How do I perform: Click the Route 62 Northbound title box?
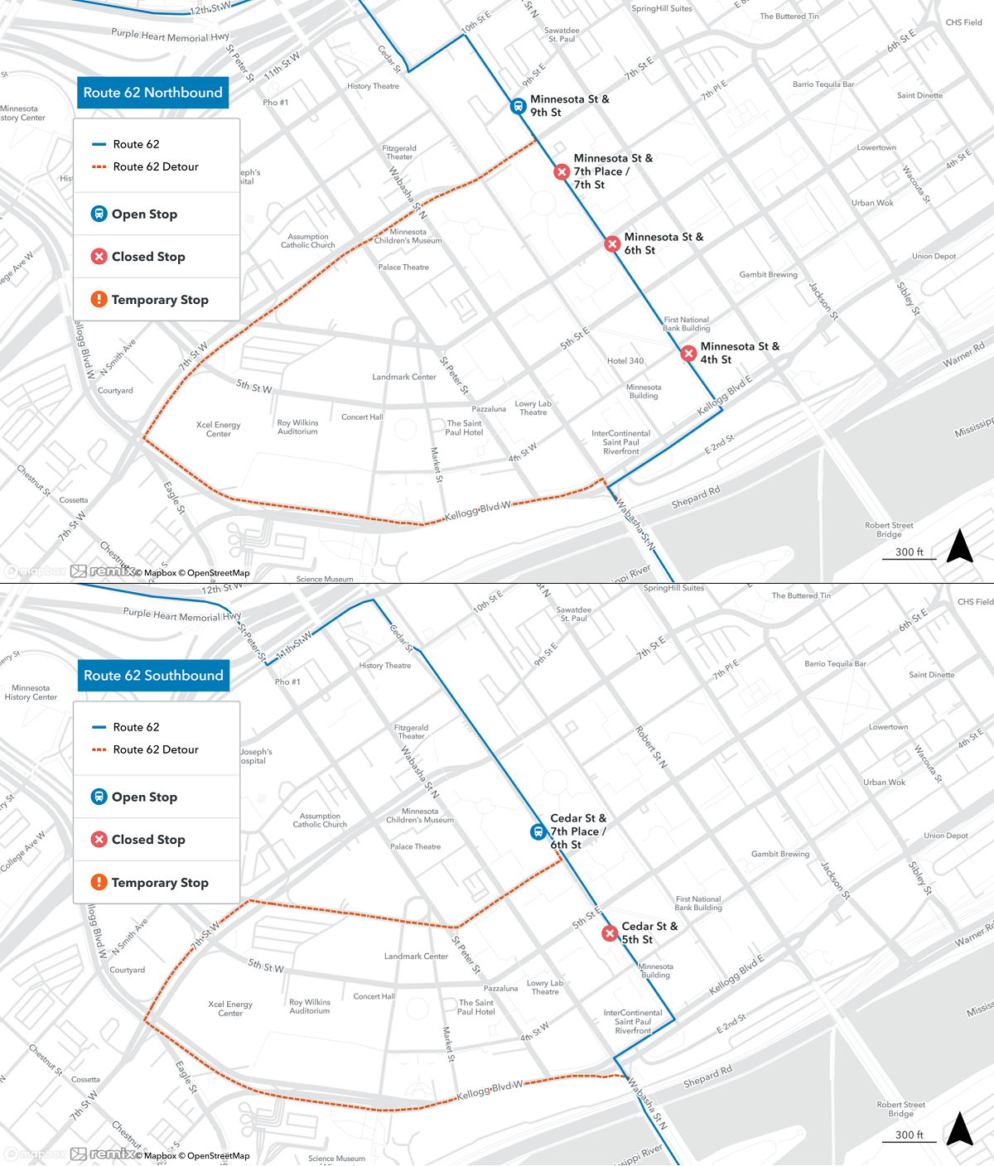point(153,93)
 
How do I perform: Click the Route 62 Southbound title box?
point(153,676)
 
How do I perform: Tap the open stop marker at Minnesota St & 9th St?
point(519,106)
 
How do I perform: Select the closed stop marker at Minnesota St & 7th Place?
point(562,171)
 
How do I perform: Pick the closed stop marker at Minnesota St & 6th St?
point(612,243)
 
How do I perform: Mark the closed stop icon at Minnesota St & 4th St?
point(688,354)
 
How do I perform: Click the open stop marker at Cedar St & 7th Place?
point(538,831)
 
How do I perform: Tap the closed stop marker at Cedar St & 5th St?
point(610,933)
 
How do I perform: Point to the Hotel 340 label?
point(625,361)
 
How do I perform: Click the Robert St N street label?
point(651,747)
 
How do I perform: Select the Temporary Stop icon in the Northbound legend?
point(99,300)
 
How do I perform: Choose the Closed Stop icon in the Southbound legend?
point(99,840)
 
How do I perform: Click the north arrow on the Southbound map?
point(959,1129)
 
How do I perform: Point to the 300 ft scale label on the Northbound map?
point(910,552)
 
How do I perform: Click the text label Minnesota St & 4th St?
point(740,353)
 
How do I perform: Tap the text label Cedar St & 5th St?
point(649,932)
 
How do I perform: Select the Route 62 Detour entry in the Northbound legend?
point(156,167)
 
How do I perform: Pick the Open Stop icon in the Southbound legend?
point(99,797)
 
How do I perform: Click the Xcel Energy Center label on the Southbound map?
point(230,1009)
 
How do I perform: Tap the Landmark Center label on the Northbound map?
point(404,377)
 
